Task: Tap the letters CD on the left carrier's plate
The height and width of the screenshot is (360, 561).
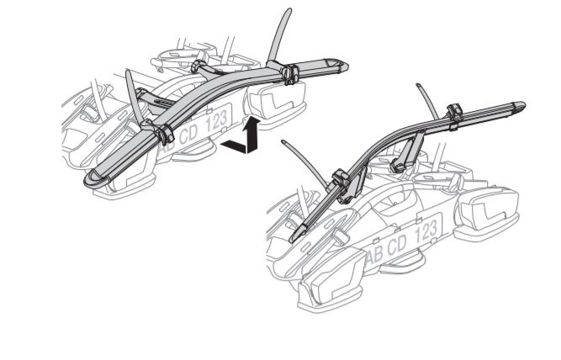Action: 188,135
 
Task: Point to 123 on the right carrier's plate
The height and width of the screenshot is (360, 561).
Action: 426,231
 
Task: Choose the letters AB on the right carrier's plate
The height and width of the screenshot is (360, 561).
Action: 375,257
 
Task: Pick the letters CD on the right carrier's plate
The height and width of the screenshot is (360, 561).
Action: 397,245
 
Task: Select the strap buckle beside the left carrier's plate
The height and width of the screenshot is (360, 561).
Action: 165,134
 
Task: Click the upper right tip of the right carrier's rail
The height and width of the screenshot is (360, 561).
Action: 520,106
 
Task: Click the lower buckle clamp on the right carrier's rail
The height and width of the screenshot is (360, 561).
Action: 342,183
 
